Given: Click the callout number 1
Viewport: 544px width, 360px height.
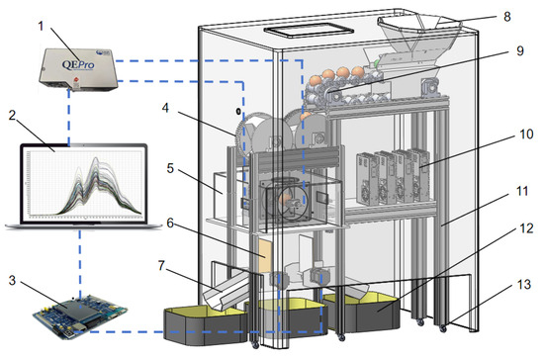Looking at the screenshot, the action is click(41, 26).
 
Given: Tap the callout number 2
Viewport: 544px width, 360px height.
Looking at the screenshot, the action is click(12, 115).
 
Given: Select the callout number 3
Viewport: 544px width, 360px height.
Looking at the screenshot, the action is click(12, 280).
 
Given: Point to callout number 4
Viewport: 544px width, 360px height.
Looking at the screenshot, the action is click(165, 108).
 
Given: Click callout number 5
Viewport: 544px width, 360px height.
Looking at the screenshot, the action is click(170, 168).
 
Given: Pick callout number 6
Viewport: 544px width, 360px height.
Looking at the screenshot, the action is click(170, 223).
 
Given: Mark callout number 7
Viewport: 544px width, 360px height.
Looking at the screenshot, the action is click(161, 266).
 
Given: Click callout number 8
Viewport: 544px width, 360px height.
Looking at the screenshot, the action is click(507, 16).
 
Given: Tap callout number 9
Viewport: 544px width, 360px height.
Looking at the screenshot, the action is click(520, 50).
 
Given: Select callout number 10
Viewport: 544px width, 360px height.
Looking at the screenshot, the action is click(526, 134).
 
